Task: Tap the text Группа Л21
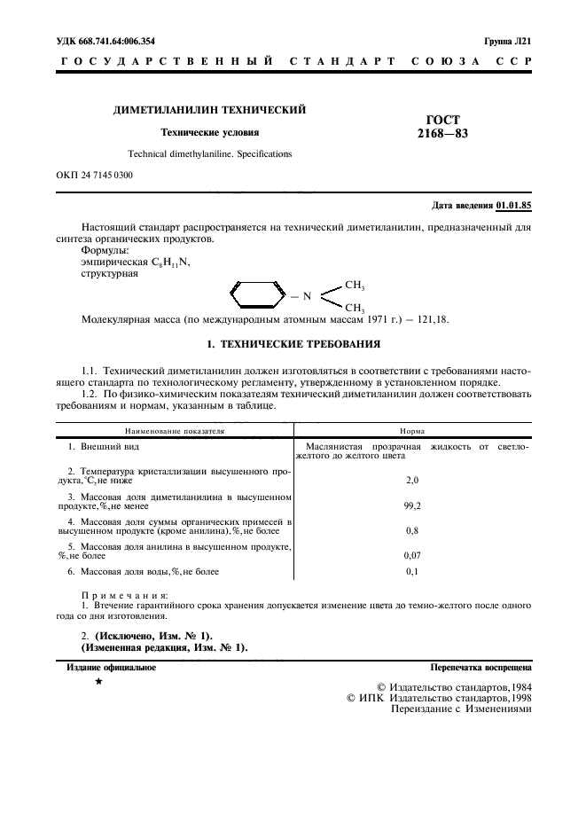tap(507, 41)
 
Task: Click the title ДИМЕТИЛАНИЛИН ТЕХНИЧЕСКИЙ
tap(209, 110)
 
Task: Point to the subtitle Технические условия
tap(209, 133)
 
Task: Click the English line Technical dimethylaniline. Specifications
tap(209, 153)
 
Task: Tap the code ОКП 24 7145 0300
tap(94, 176)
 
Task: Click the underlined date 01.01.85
tap(513, 206)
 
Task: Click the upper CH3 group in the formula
tap(355, 286)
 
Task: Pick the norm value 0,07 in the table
tap(411, 555)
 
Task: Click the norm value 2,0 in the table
tap(411, 480)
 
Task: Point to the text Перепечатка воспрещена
tap(481, 666)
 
